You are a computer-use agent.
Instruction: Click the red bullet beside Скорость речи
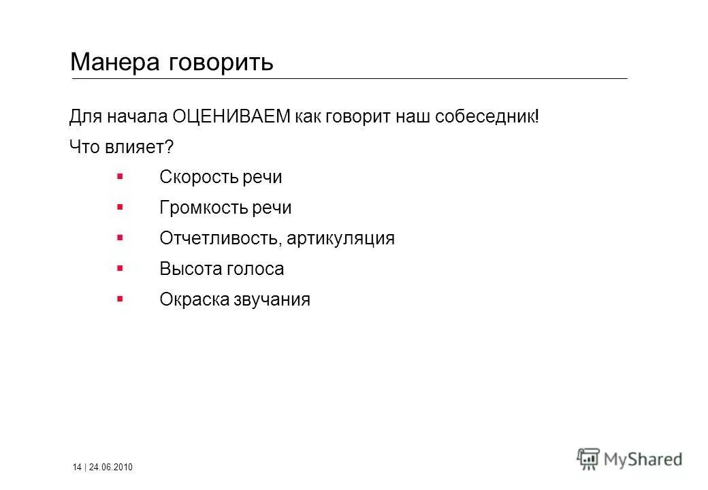coord(120,176)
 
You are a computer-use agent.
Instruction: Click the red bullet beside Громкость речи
coord(120,206)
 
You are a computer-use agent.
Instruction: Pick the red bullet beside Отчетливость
coord(120,237)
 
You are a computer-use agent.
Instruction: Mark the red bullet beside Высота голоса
coord(120,267)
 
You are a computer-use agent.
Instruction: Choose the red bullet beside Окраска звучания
coord(120,298)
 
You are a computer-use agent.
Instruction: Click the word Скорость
coord(197,178)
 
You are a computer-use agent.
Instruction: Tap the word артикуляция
coord(340,239)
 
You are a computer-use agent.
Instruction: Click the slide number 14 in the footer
coord(77,467)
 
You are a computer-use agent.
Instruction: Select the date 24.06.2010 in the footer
coord(112,467)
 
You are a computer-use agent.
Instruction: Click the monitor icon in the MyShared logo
coord(588,458)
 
